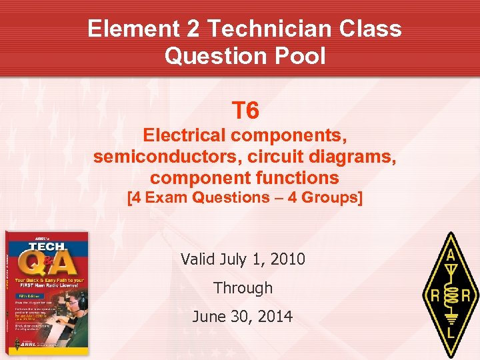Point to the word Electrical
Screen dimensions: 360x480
[183, 135]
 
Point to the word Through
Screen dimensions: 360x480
[243, 288]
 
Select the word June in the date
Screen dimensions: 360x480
[207, 317]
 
